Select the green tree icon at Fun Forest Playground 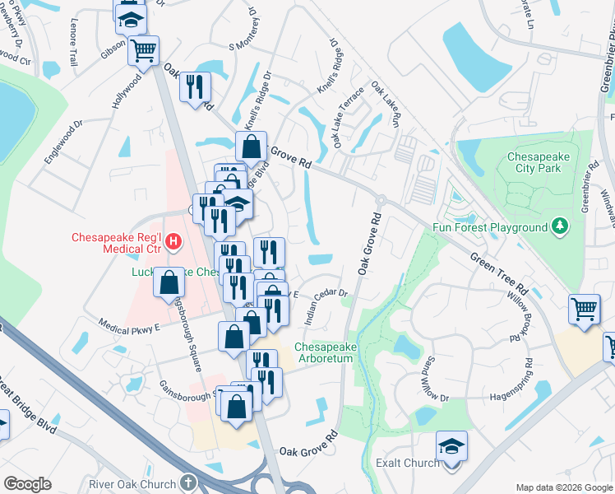(x=560, y=226)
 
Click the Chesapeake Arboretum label (x=326, y=353)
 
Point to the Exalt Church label (x=407, y=464)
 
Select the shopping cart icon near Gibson (x=143, y=50)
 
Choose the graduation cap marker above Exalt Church (x=451, y=447)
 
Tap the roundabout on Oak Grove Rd (x=381, y=200)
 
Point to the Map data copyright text (x=563, y=487)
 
